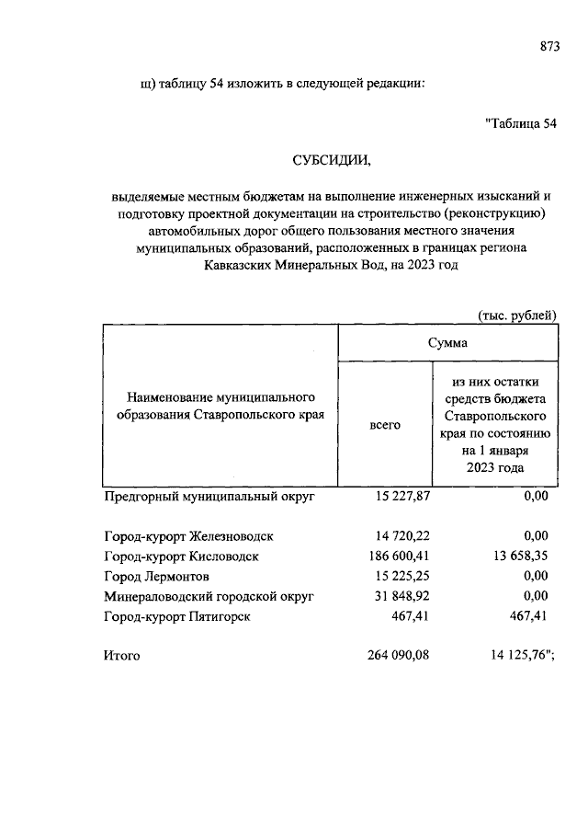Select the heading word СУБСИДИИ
[332, 160]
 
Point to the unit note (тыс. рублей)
[516, 315]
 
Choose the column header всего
[385, 426]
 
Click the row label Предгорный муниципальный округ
[209, 497]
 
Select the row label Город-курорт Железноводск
[187, 535]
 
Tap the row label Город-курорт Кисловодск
[182, 556]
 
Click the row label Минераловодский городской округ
[209, 597]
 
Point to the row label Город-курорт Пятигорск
[177, 617]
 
